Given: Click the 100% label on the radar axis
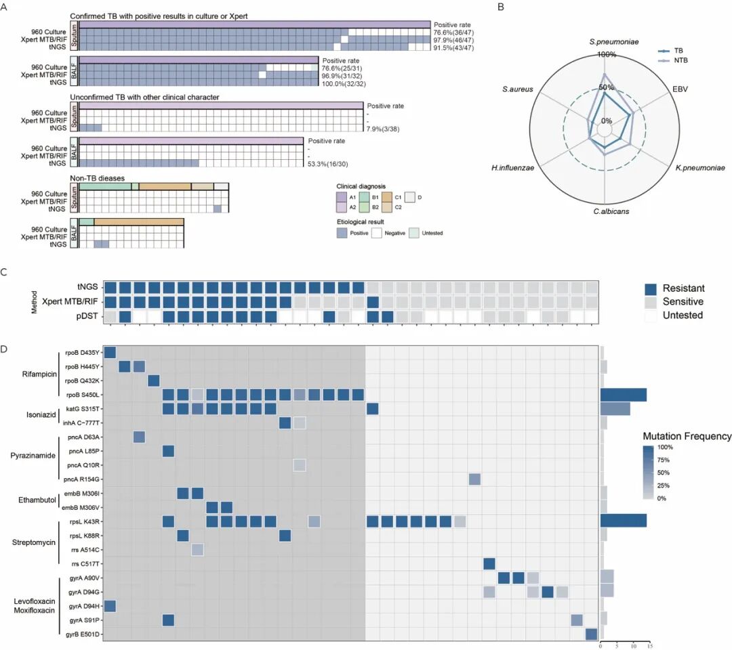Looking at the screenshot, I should [607, 54].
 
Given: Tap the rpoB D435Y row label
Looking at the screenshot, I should [82, 352].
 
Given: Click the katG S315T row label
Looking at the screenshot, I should [82, 409].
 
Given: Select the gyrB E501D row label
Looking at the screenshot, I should [83, 634].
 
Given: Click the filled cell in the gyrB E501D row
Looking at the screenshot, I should [591, 634].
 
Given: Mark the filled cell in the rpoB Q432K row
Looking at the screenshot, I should [154, 380].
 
